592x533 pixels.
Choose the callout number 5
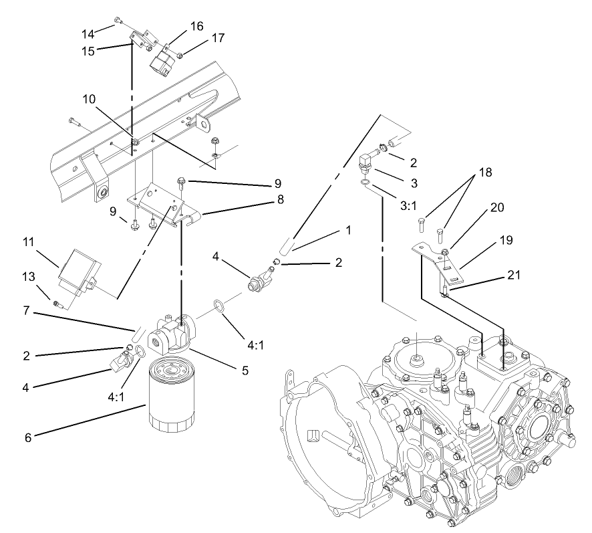tap(245, 369)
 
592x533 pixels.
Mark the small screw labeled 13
tap(59, 304)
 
